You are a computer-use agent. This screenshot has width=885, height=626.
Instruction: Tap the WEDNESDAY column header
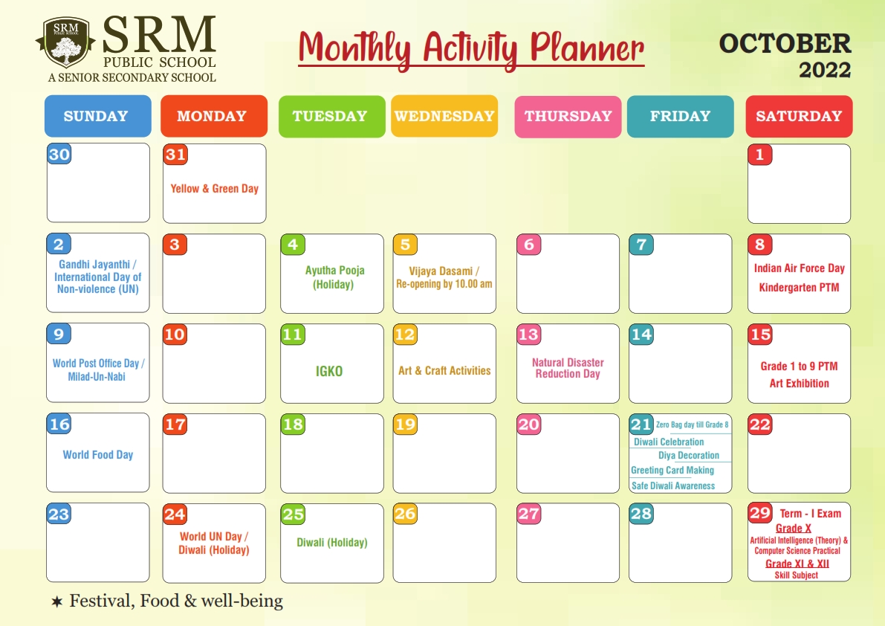[445, 116]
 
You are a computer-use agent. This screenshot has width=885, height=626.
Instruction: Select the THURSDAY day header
[568, 116]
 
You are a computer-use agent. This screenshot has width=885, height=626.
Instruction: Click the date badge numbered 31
[175, 155]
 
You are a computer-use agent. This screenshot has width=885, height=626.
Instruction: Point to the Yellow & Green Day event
[215, 189]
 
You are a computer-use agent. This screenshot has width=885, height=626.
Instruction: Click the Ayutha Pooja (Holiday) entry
[334, 277]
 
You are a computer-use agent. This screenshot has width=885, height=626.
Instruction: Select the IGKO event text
[329, 371]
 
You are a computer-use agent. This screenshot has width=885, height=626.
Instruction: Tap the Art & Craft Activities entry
[445, 370]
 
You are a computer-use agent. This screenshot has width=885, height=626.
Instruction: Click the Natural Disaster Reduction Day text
[568, 368]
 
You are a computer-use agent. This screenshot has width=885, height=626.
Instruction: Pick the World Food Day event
[98, 455]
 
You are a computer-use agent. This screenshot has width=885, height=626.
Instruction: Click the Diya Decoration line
[689, 456]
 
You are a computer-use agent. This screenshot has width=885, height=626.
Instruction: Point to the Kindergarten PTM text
[800, 287]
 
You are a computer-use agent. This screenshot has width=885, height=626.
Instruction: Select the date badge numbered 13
[529, 334]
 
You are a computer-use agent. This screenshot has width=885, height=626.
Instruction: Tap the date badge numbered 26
[405, 514]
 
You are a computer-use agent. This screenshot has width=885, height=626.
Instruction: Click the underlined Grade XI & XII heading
[797, 564]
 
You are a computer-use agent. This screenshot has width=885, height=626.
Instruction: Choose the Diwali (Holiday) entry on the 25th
[332, 543]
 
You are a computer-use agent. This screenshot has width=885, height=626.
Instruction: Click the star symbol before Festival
[57, 601]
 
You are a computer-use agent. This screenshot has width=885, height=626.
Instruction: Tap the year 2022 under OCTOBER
[825, 70]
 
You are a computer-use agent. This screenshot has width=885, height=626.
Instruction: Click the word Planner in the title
[587, 48]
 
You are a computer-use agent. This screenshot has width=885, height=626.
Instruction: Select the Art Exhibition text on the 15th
[800, 384]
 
